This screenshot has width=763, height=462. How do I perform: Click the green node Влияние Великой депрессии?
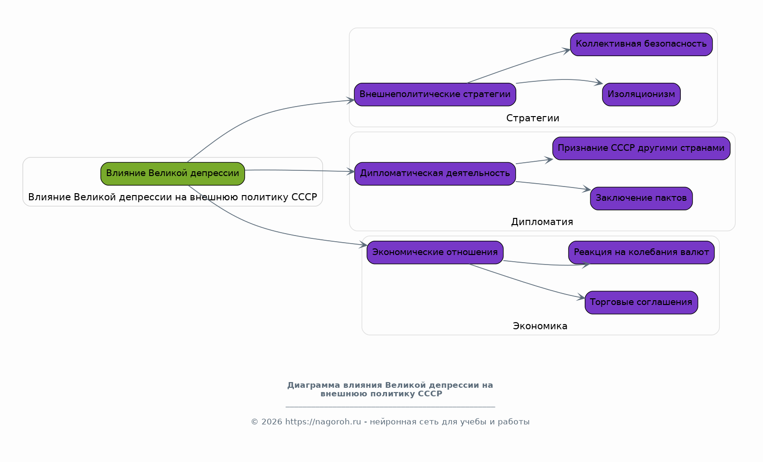tap(173, 174)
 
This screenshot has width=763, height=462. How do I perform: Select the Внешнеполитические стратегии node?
tap(435, 94)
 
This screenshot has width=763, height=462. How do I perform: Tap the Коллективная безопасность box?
tap(641, 44)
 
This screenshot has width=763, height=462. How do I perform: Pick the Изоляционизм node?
tap(641, 94)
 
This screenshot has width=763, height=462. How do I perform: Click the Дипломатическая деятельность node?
tap(435, 174)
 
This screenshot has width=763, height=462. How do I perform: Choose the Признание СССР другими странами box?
tap(641, 148)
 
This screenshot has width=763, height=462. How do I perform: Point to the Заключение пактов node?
tap(641, 198)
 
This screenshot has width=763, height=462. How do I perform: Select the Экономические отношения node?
tap(435, 252)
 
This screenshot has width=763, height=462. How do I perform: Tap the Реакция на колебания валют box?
tap(641, 252)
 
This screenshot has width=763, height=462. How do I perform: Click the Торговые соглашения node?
tap(641, 303)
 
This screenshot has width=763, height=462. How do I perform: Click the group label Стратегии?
tap(533, 118)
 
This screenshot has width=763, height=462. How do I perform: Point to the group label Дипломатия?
tap(542, 222)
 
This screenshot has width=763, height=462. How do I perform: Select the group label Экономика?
tap(540, 326)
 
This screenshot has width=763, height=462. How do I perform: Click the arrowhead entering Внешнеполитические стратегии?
tap(351, 100)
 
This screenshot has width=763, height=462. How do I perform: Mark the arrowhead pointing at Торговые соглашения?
tap(581, 298)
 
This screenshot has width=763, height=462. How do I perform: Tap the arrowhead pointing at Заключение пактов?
tap(587, 189)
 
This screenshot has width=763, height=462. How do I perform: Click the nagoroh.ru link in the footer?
tap(323, 422)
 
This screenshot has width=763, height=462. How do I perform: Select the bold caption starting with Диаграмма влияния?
tap(390, 389)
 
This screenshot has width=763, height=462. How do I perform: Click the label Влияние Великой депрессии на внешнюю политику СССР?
tap(173, 197)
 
